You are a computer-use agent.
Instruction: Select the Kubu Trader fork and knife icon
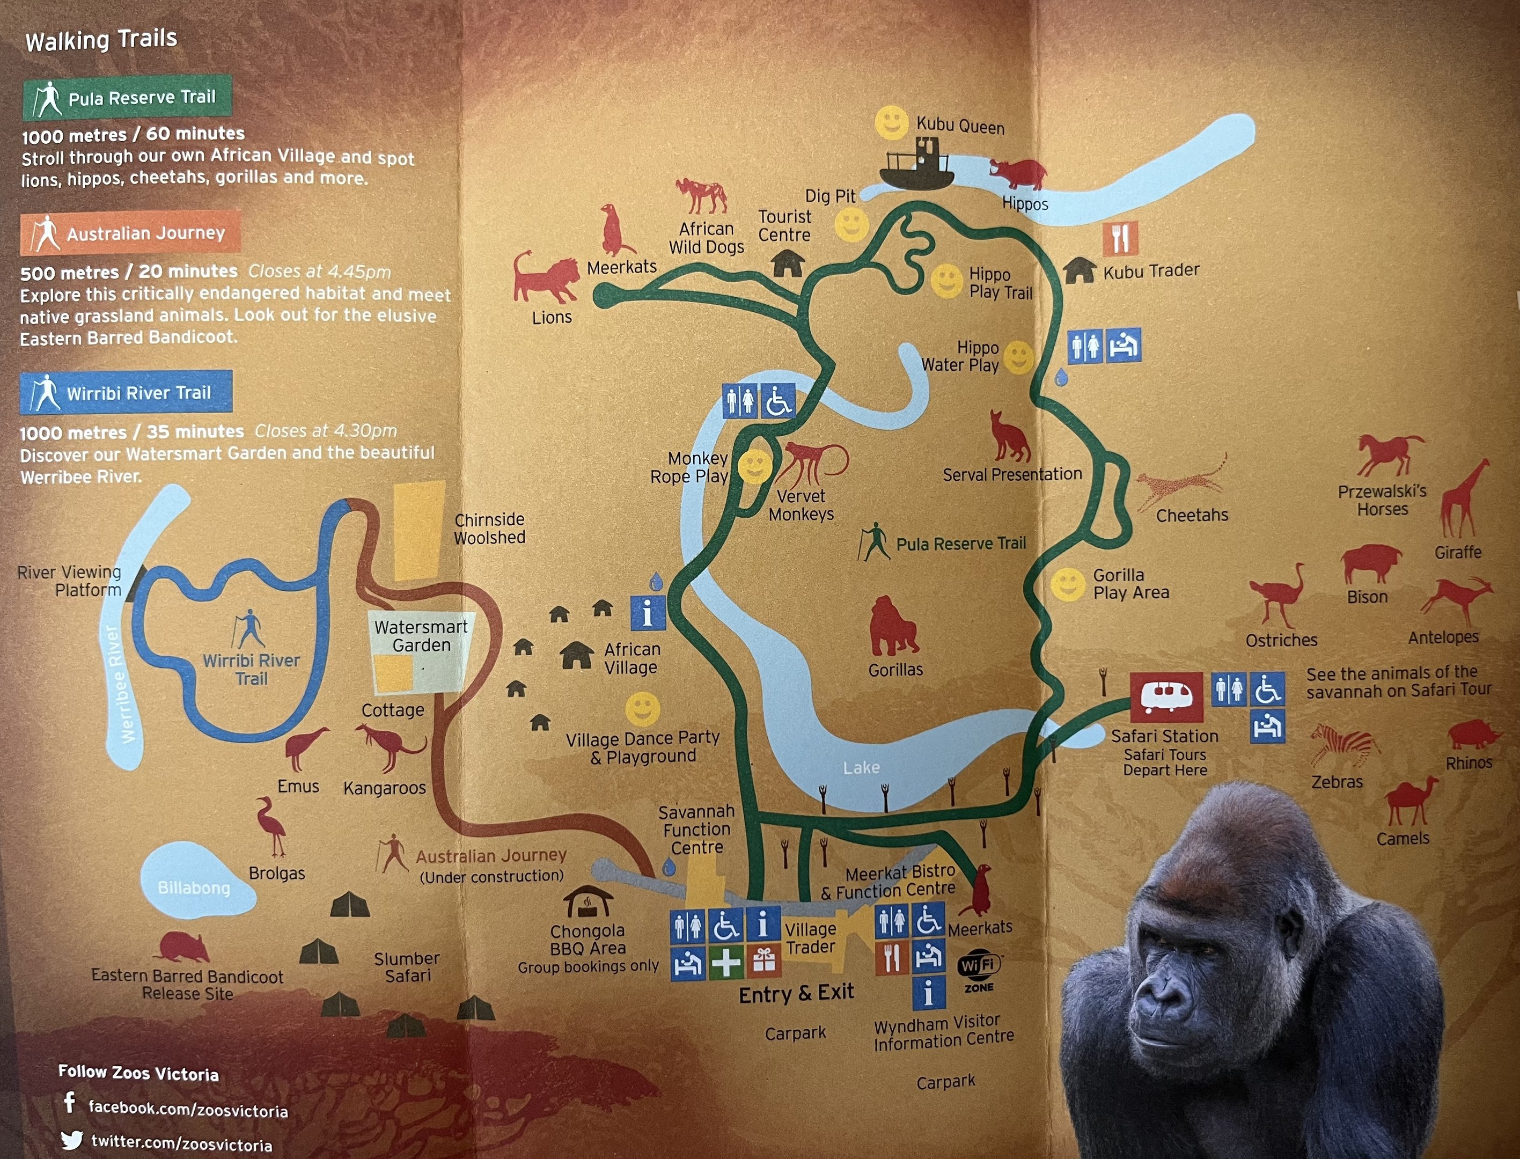pos(1120,239)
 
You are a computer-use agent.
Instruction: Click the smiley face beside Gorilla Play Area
pos(1068,585)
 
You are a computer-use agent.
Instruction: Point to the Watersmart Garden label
pos(421,636)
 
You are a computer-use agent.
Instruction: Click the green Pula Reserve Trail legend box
pos(128,97)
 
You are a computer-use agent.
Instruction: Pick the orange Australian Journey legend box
pos(130,233)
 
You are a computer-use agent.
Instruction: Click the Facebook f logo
pos(70,1103)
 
